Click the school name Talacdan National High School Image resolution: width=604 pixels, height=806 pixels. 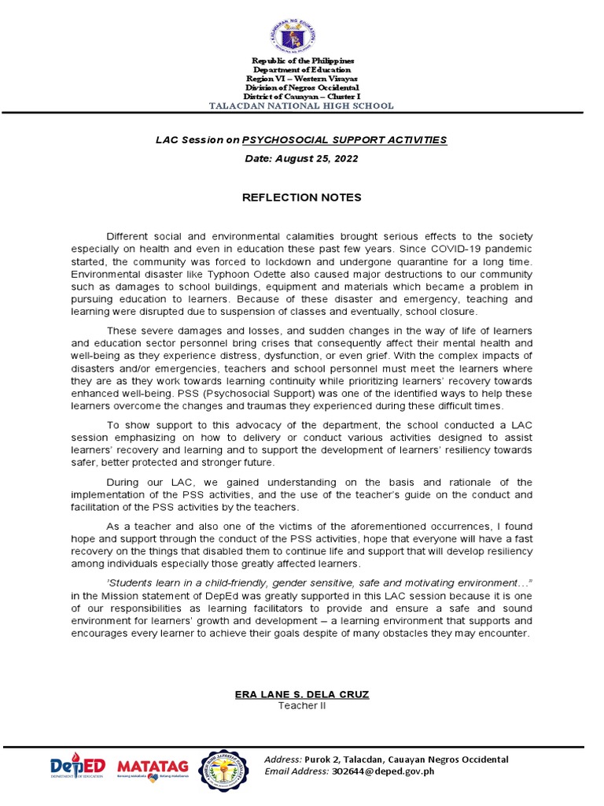(x=302, y=106)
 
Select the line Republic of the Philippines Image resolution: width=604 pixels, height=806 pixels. (x=302, y=61)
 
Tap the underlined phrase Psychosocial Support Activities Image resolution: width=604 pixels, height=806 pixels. (x=344, y=139)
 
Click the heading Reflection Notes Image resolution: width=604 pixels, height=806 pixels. (x=302, y=197)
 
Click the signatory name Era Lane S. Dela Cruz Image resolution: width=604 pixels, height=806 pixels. (x=302, y=694)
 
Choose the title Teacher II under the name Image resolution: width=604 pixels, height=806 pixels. (x=302, y=705)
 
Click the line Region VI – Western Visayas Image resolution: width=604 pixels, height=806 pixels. (x=302, y=79)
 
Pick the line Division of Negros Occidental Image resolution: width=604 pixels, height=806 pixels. (x=302, y=88)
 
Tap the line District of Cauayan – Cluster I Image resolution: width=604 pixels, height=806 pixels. (x=302, y=97)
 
